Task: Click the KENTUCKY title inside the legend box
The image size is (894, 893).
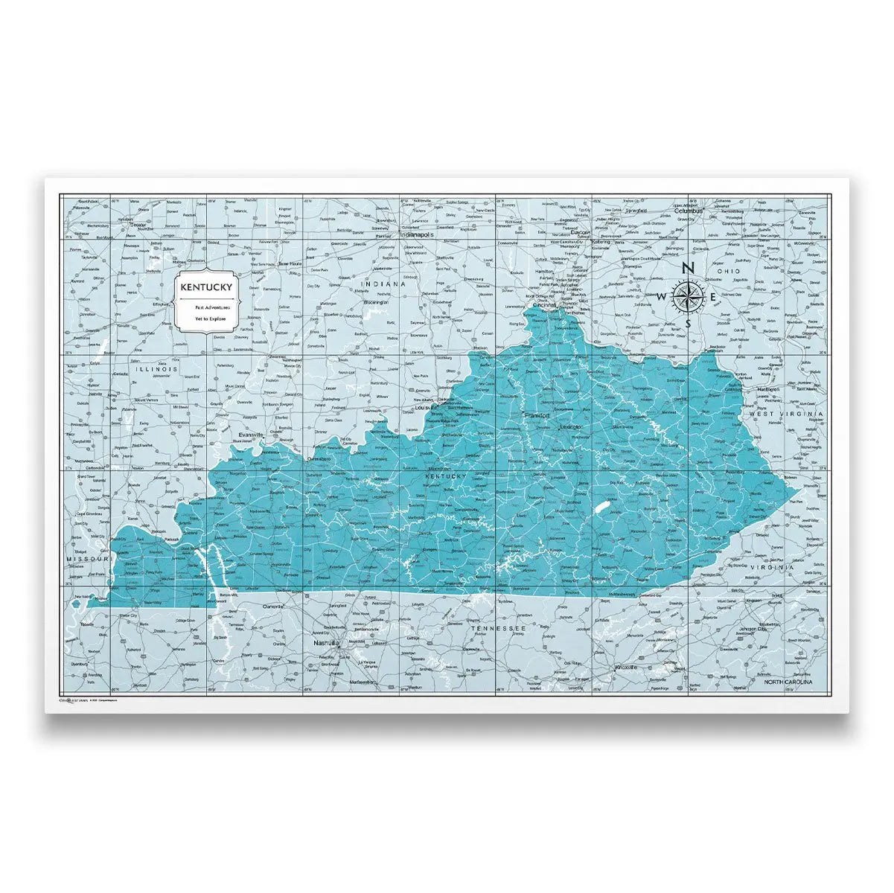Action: coord(206,287)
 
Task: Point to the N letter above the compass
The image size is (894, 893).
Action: coord(689,269)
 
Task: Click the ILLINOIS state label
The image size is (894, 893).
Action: coord(156,369)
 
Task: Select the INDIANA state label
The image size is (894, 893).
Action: coord(383,284)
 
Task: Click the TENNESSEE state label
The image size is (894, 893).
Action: coord(498,629)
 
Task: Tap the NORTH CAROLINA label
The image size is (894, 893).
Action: coord(788,682)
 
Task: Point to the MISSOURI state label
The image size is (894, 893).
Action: coord(87,557)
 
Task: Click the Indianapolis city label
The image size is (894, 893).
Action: coord(417,234)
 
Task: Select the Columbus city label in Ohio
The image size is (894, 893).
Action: coord(689,211)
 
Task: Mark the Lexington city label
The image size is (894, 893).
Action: coord(570,427)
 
